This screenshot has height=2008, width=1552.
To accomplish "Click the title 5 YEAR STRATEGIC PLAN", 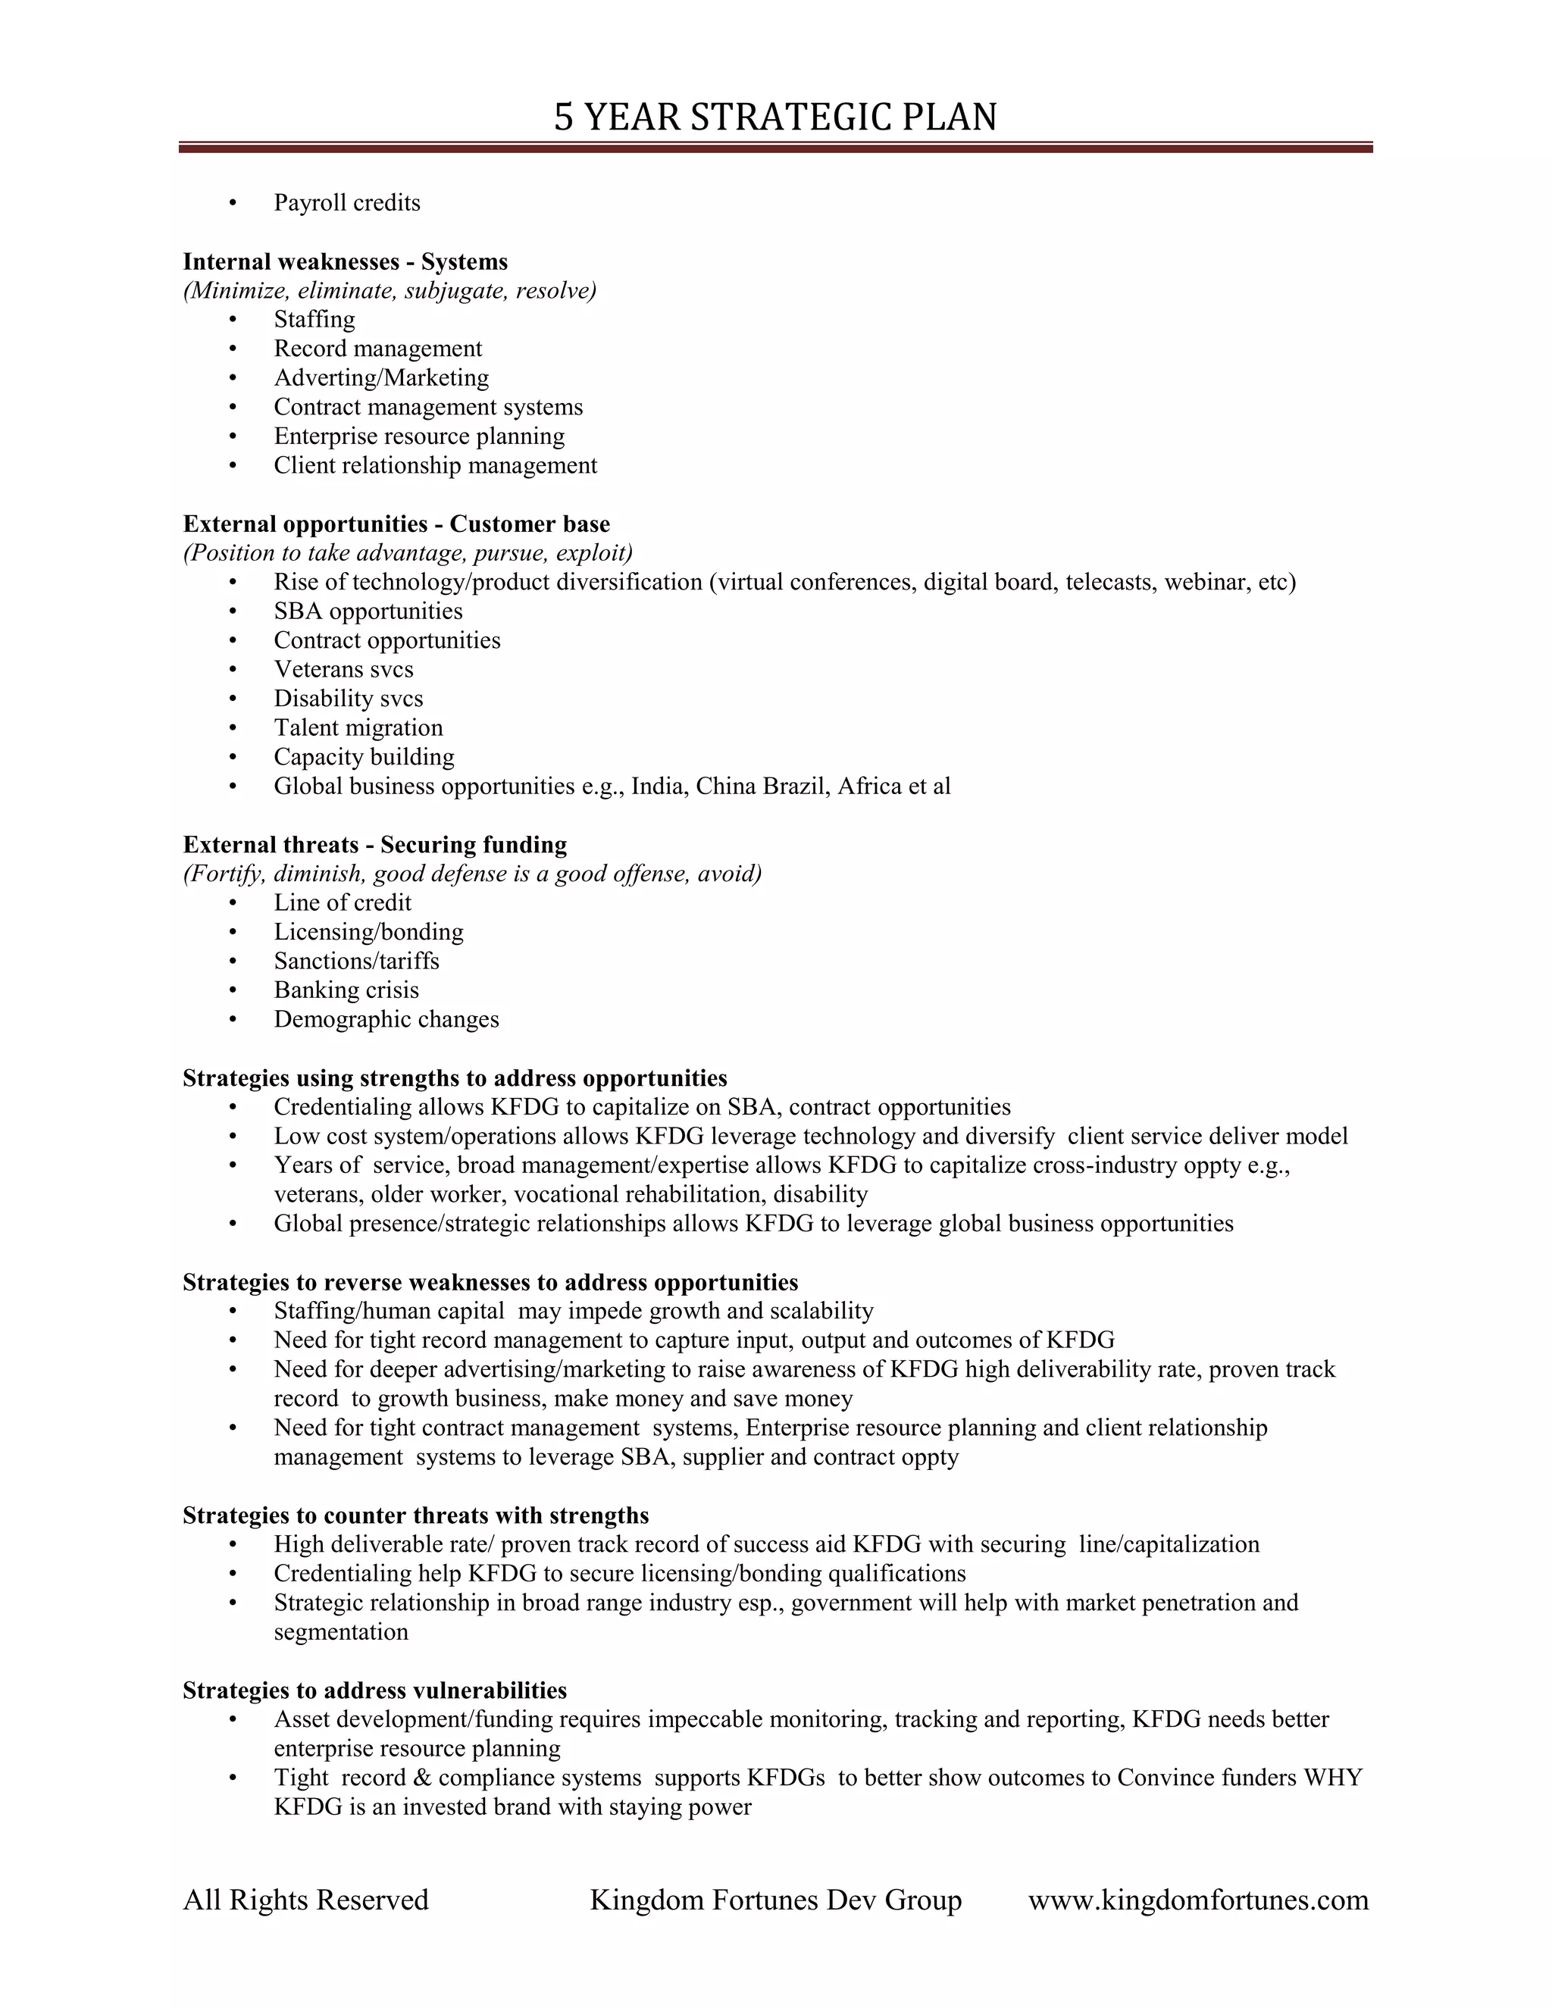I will pyautogui.click(x=775, y=117).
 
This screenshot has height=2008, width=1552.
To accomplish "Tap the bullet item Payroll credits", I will pyautogui.click(x=346, y=203).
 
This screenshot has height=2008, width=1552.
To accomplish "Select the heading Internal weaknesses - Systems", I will pyautogui.click(x=345, y=262).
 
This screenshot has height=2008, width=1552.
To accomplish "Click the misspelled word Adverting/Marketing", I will pyautogui.click(x=380, y=378).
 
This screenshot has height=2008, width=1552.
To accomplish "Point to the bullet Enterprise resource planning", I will pyautogui.click(x=418, y=436).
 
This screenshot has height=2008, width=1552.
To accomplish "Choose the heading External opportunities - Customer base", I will pyautogui.click(x=396, y=524).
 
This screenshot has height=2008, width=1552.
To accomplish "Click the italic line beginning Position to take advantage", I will pyautogui.click(x=407, y=553).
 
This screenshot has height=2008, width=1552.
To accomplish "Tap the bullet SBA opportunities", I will pyautogui.click(x=368, y=611).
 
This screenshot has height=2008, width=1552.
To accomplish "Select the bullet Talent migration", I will pyautogui.click(x=358, y=728).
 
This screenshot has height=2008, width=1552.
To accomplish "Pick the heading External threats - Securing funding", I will pyautogui.click(x=374, y=845).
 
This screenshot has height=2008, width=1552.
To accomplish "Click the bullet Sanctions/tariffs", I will pyautogui.click(x=356, y=962).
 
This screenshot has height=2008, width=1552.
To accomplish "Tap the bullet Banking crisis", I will pyautogui.click(x=346, y=990).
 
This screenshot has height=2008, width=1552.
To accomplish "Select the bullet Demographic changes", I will pyautogui.click(x=386, y=1020).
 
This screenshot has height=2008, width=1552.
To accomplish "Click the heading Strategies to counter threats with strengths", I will pyautogui.click(x=415, y=1515).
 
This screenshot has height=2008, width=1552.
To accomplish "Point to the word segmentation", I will pyautogui.click(x=340, y=1632).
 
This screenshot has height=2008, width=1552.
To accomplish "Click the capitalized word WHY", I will pyautogui.click(x=1332, y=1778).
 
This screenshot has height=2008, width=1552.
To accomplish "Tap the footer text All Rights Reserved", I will pyautogui.click(x=305, y=1900).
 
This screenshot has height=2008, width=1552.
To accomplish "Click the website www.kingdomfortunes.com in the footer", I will pyautogui.click(x=1198, y=1900).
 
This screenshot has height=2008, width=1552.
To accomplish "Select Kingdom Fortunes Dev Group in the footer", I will pyautogui.click(x=775, y=1900).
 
